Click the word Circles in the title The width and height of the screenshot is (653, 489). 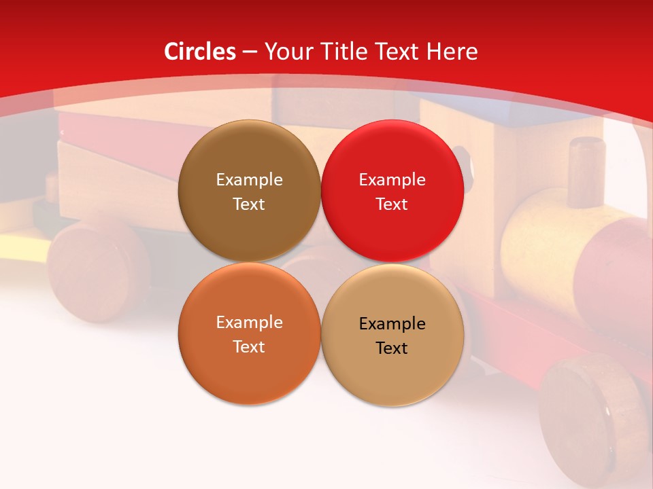[200, 52]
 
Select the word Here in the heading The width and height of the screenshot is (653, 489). [452, 52]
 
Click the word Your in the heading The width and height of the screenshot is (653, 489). [288, 52]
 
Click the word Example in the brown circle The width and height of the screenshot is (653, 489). [249, 180]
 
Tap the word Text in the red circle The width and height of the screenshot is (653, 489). [392, 204]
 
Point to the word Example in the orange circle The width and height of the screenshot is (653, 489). [249, 323]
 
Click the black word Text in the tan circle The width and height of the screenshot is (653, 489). [392, 348]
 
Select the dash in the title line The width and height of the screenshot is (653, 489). [250, 52]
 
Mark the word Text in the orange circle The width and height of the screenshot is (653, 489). [249, 346]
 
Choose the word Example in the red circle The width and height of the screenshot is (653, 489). [392, 180]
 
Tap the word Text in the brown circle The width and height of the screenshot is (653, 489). [249, 204]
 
